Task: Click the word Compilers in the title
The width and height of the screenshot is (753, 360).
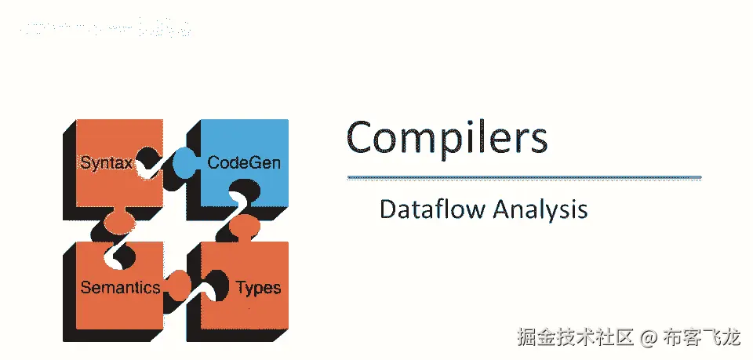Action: [x=446, y=138]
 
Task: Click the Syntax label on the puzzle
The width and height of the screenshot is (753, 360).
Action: [x=106, y=163]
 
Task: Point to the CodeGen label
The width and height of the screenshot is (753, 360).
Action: [x=243, y=163]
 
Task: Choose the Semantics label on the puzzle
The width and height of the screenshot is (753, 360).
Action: [x=120, y=287]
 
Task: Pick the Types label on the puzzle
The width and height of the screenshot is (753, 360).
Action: [x=258, y=287]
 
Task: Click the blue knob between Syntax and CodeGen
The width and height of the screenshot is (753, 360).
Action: [x=186, y=163]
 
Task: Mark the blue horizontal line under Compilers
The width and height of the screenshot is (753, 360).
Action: [x=524, y=178]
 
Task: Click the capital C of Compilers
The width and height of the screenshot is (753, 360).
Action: [x=363, y=138]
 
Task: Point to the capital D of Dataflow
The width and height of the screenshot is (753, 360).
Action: [x=387, y=210]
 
